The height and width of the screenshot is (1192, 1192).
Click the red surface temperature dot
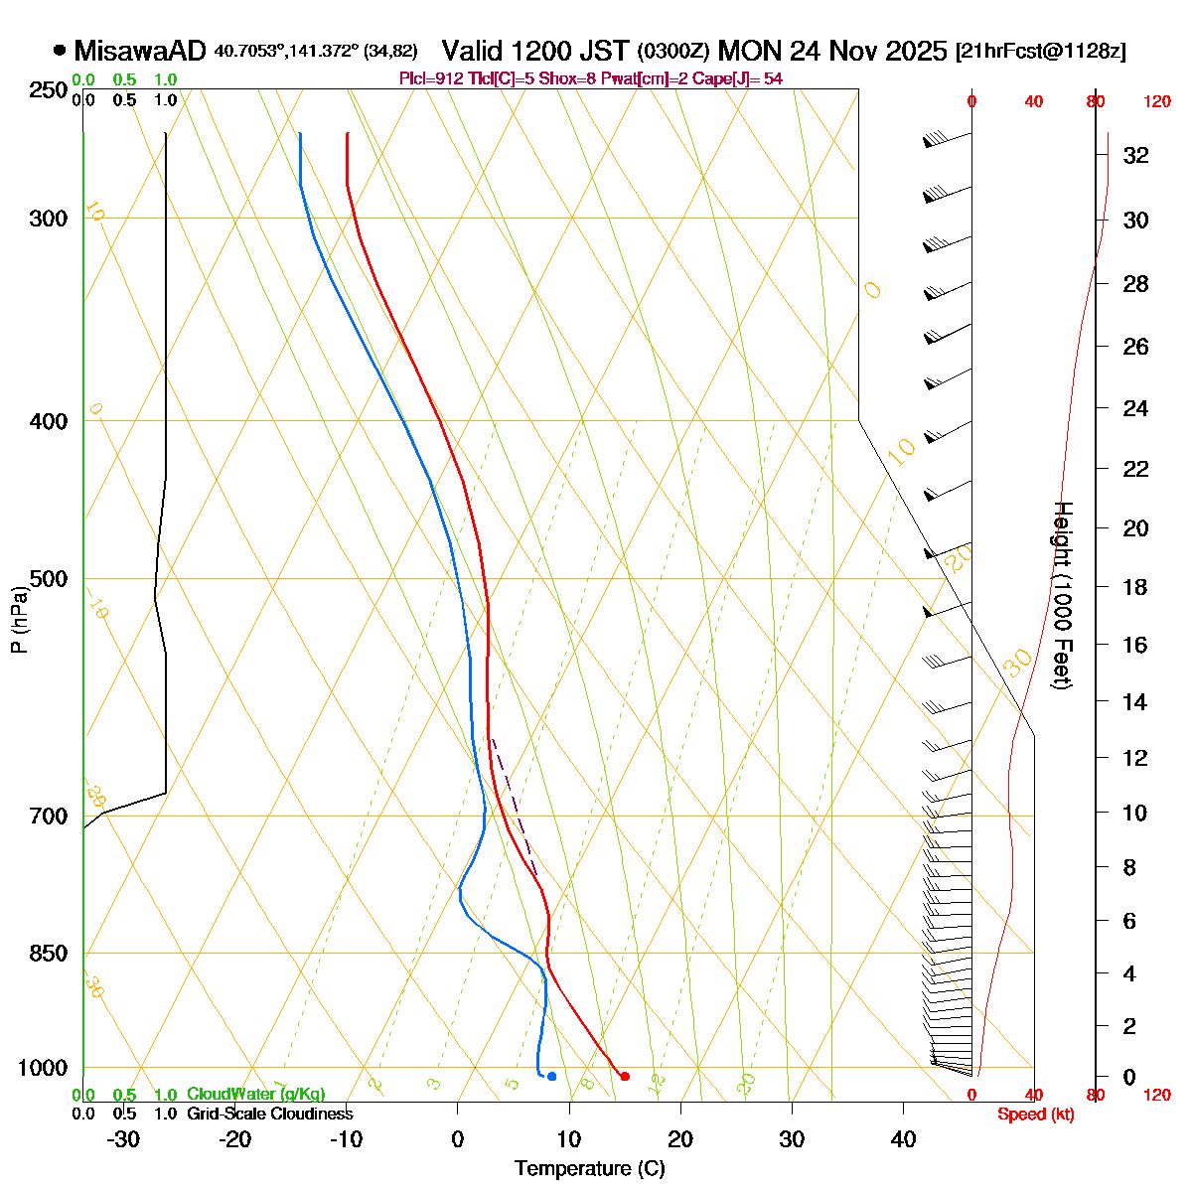click(x=625, y=1076)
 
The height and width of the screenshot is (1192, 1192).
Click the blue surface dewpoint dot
click(x=551, y=1076)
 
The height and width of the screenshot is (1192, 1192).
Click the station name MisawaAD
click(x=140, y=51)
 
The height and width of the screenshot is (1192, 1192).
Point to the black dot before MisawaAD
click(x=60, y=50)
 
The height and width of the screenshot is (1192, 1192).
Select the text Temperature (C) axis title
click(x=589, y=1168)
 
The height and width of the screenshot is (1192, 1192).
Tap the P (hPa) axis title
click(x=19, y=619)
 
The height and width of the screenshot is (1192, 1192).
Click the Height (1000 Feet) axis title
click(x=1062, y=595)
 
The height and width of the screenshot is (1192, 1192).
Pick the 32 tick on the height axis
click(x=1135, y=155)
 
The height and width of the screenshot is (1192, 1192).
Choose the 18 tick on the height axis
click(x=1135, y=587)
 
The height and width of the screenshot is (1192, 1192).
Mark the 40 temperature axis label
click(x=903, y=1138)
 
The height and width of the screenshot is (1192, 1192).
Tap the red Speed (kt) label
click(x=1036, y=1115)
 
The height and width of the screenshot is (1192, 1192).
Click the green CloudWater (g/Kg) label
click(x=255, y=1095)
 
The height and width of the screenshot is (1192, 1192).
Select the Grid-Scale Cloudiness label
click(x=269, y=1115)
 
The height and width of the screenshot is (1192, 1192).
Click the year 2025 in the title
click(x=915, y=51)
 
